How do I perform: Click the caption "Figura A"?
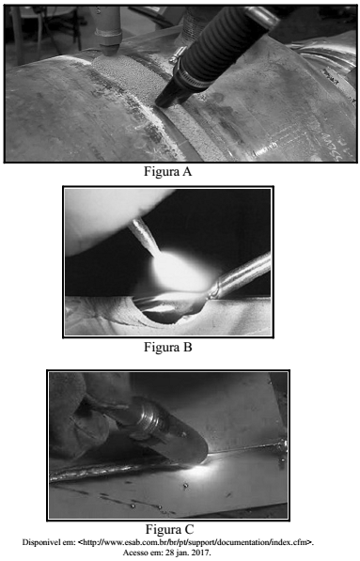(168, 172)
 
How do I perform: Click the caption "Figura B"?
(168, 347)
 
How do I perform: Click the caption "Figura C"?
(169, 529)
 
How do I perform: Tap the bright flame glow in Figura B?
(179, 270)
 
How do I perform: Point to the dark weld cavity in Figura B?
(168, 311)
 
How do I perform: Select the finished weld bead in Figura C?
(115, 470)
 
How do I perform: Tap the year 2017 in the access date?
(203, 553)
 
